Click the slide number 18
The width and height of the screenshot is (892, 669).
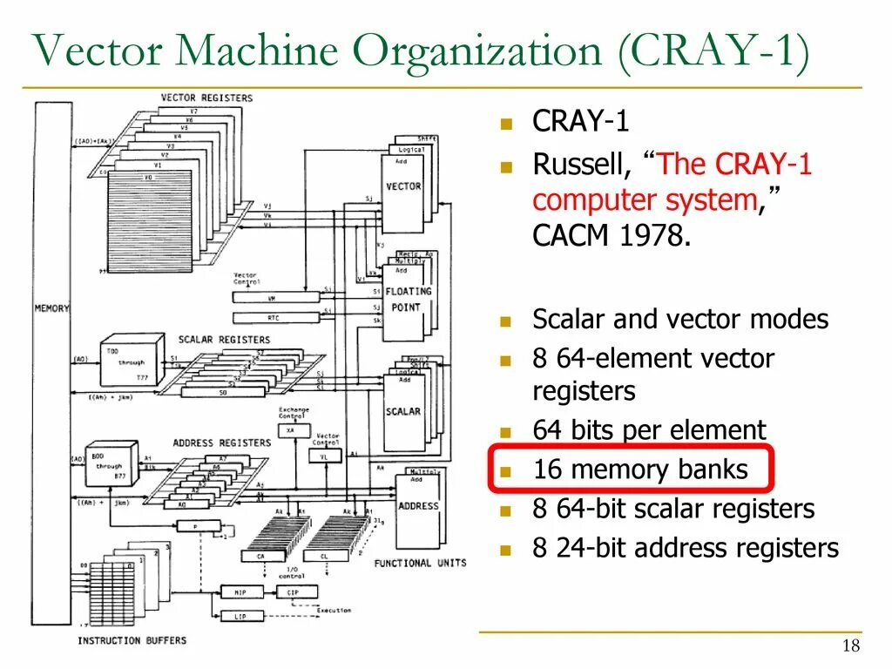[851, 645]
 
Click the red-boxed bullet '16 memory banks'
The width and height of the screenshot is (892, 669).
[640, 470]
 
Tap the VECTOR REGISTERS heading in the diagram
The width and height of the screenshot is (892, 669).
[206, 98]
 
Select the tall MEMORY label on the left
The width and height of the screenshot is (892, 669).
[51, 308]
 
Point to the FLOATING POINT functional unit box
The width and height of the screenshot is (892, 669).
[402, 300]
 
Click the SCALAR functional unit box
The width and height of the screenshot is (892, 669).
[402, 410]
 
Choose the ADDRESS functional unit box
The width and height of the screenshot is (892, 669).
[418, 505]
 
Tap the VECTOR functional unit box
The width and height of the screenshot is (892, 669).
[402, 186]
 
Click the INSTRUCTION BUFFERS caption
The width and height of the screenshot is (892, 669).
[132, 640]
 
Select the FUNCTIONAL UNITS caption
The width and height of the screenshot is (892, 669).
[420, 563]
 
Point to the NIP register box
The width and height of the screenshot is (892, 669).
[240, 591]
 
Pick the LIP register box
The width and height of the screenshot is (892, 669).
[240, 616]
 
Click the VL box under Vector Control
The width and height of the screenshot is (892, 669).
[325, 456]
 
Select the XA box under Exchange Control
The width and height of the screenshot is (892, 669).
[291, 430]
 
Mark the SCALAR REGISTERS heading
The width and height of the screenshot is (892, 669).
[218, 339]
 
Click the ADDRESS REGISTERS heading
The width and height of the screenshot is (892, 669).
[221, 443]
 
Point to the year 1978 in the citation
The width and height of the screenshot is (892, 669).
[655, 236]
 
